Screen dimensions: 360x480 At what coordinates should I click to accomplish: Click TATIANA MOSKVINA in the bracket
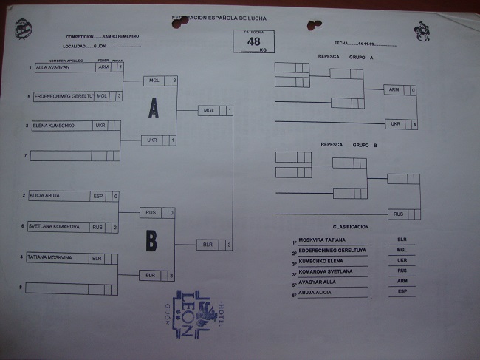pyautogui.click(x=54, y=258)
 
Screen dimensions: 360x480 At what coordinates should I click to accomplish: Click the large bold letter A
pyautogui.click(x=153, y=109)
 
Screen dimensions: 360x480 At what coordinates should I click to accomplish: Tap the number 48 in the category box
pyautogui.click(x=253, y=41)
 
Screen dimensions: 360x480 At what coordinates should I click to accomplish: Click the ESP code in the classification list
pyautogui.click(x=402, y=293)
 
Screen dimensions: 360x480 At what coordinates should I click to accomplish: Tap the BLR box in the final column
pyautogui.click(x=209, y=244)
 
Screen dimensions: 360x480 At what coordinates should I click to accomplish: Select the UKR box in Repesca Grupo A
pyautogui.click(x=395, y=123)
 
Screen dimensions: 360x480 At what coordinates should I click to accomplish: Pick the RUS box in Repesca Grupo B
pyautogui.click(x=398, y=214)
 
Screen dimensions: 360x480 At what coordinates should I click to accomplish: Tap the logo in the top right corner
pyautogui.click(x=422, y=30)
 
